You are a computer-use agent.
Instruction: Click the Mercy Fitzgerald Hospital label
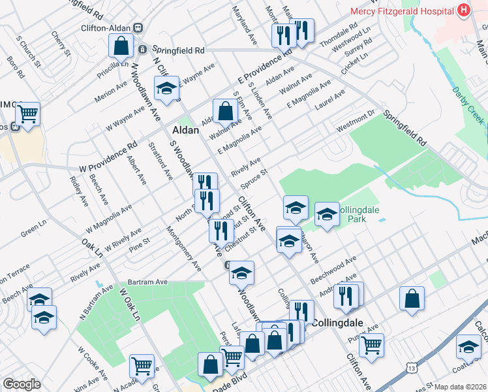[x=403, y=10]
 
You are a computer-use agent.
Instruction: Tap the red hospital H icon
[x=464, y=10]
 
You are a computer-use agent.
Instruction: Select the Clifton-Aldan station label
[x=106, y=28]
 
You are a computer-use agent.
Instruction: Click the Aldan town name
[x=185, y=130]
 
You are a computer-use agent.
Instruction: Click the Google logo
[x=22, y=384]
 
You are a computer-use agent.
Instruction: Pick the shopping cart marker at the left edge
[x=27, y=114]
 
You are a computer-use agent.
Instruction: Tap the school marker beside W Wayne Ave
[x=166, y=88]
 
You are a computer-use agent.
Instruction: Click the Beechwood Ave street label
[x=333, y=269]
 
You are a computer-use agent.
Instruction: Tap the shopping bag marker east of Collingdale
[x=412, y=299]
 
